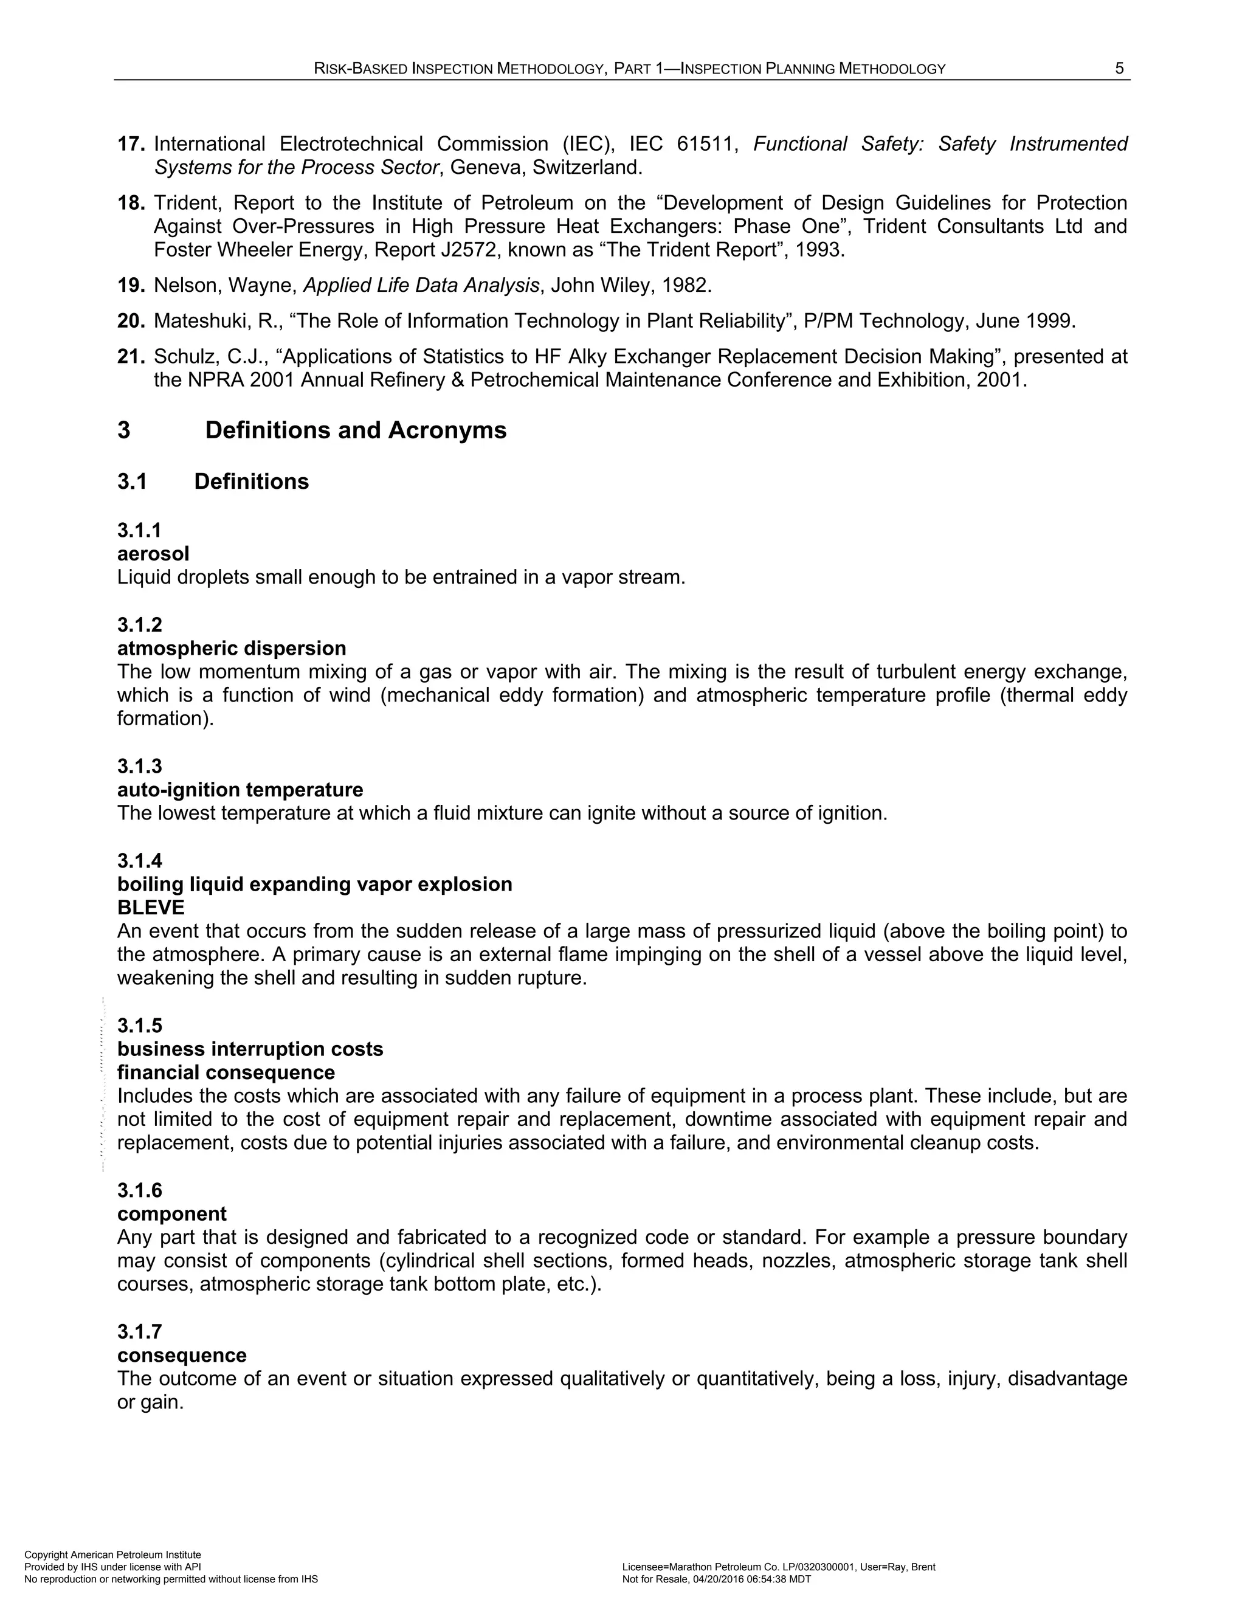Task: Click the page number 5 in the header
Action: point(1119,69)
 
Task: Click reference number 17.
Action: point(131,144)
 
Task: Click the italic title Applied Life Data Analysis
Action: point(421,286)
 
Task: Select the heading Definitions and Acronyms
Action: point(356,430)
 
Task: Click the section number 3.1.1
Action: point(139,530)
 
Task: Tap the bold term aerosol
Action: point(153,554)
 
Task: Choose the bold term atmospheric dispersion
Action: point(232,649)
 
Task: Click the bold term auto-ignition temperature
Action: point(240,790)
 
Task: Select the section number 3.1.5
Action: point(139,1026)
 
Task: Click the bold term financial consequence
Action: point(226,1072)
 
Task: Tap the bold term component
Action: point(172,1214)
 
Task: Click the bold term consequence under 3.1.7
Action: point(181,1356)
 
